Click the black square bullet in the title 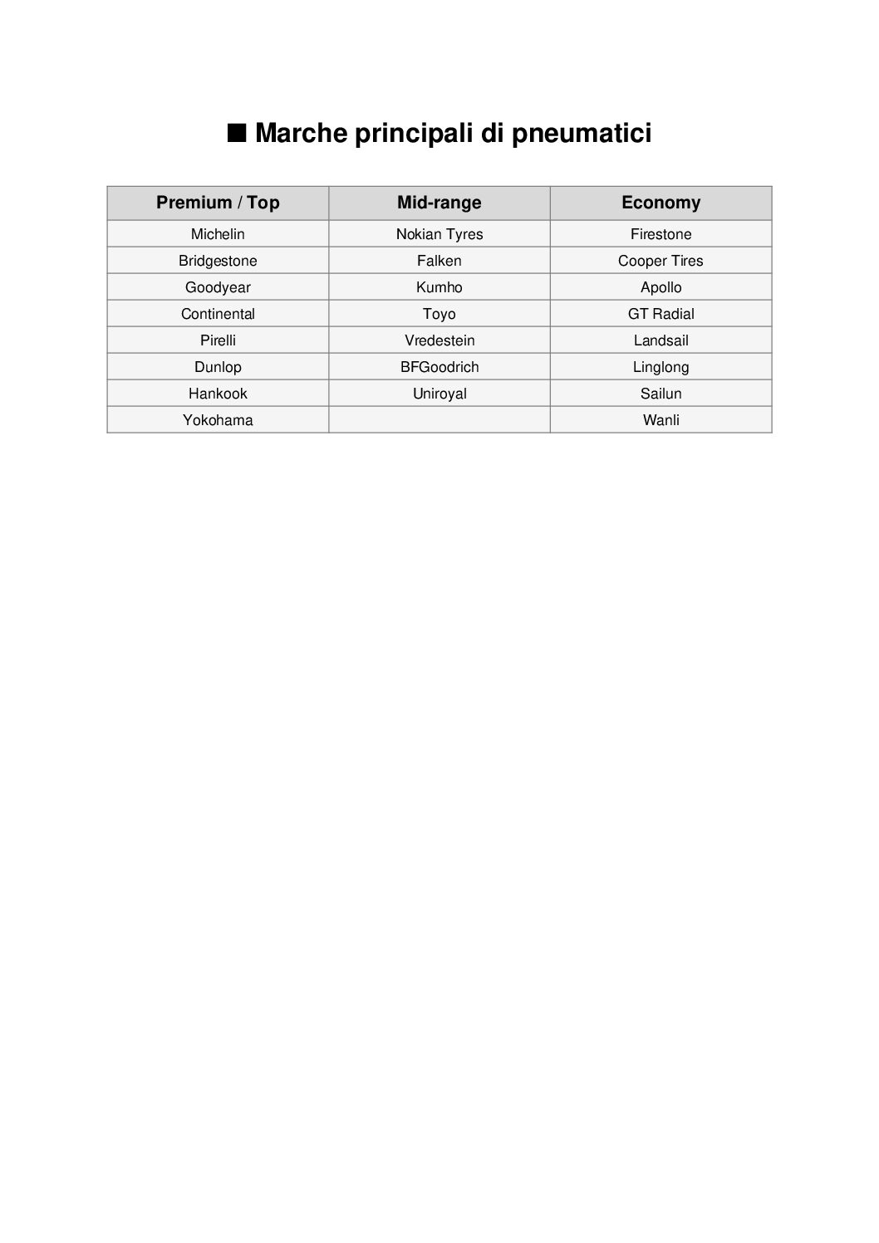click(x=237, y=133)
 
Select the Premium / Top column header click(x=218, y=203)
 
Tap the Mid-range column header click(x=439, y=203)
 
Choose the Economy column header click(x=660, y=203)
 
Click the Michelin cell click(x=218, y=234)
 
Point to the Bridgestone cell click(x=218, y=261)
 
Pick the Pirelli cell click(x=218, y=340)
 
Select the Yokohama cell click(x=218, y=420)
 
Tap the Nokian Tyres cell click(x=439, y=234)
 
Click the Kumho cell click(x=439, y=287)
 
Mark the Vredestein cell click(x=439, y=340)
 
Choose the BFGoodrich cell click(x=439, y=367)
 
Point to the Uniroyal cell click(x=439, y=394)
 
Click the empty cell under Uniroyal click(x=439, y=420)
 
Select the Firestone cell click(x=660, y=234)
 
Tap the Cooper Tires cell click(x=660, y=261)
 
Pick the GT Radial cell click(x=660, y=314)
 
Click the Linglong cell click(x=660, y=367)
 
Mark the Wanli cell click(x=660, y=420)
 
